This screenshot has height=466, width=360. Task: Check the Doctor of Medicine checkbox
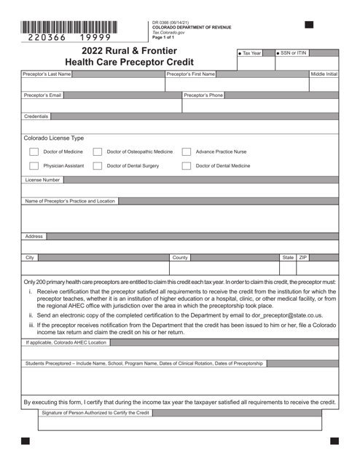pos(34,151)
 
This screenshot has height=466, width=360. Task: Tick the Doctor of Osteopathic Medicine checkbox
pos(98,151)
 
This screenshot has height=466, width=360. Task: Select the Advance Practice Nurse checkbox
pos(187,151)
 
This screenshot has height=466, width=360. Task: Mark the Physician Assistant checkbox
pos(34,166)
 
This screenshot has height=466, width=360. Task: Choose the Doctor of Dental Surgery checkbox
pos(98,166)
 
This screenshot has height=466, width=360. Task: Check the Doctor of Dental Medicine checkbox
pos(187,166)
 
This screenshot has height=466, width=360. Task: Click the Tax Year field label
pos(251,53)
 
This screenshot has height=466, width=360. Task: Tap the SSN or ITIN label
pos(293,53)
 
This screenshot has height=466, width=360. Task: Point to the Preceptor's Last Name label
pos(47,74)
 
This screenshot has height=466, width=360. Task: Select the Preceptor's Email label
pos(43,95)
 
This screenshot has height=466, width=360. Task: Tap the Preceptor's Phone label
pos(203,95)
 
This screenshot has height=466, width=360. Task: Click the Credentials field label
pos(36,116)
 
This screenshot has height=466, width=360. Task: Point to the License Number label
pos(43,180)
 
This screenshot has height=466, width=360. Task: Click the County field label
pos(180,258)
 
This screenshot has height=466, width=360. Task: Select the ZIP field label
pos(303,258)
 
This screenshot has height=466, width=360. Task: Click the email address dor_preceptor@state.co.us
pos(281,316)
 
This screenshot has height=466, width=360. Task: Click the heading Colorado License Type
pos(53,138)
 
